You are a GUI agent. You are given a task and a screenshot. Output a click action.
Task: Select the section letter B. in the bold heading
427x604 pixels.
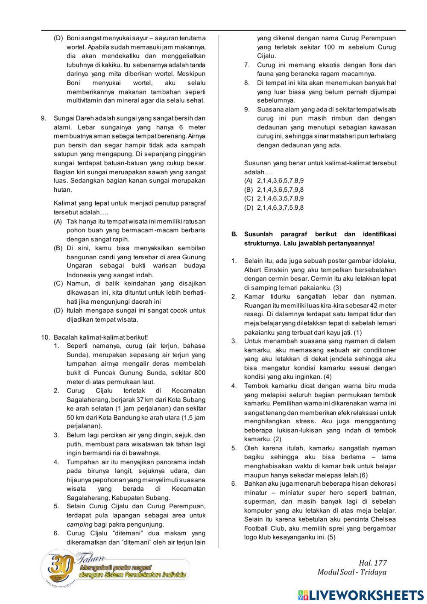[234, 234]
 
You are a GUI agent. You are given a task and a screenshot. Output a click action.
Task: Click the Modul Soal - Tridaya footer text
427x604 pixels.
[352, 572]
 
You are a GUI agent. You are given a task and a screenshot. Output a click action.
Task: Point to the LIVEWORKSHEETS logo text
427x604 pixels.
[366, 595]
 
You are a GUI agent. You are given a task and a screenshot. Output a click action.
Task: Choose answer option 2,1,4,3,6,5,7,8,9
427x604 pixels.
[280, 181]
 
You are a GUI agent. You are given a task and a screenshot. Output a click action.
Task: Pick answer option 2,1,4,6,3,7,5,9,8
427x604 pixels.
[280, 208]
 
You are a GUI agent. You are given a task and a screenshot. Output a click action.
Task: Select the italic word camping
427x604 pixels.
[79, 525]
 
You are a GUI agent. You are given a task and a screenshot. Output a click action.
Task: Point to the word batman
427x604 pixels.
[385, 493]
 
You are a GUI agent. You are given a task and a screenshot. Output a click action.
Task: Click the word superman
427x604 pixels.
[259, 501]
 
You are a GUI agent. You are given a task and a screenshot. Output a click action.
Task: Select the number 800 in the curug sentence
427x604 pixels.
[200, 373]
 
